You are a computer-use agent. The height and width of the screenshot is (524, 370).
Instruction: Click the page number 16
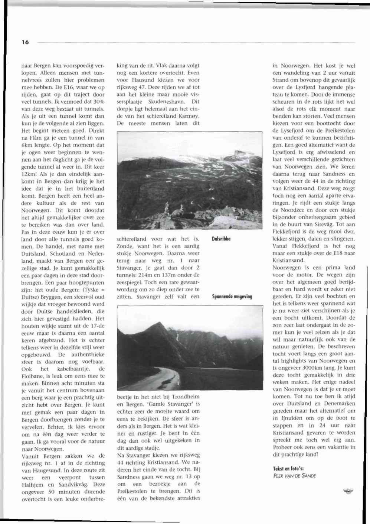[x=25, y=42]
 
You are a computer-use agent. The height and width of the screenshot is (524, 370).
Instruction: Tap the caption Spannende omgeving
[x=232, y=297]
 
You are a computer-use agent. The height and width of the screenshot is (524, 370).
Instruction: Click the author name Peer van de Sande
[x=294, y=476]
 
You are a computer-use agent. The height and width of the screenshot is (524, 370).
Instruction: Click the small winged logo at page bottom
[x=348, y=492]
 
